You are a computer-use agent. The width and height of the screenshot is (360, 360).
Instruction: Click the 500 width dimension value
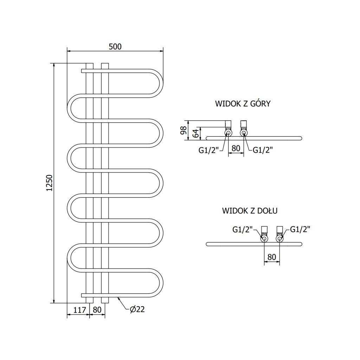tap(115, 46)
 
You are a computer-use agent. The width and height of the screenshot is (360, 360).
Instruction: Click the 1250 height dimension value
tap(49, 183)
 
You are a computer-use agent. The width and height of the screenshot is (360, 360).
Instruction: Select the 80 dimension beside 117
tap(97, 310)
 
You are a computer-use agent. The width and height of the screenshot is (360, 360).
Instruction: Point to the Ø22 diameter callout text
tap(137, 310)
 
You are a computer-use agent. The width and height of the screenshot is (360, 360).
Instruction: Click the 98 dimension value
tap(183, 130)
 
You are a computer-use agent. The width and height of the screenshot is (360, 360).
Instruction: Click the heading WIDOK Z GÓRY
tap(242, 104)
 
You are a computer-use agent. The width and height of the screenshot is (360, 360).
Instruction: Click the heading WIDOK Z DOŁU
tap(250, 211)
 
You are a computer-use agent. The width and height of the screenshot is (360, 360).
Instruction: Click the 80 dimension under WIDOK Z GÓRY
tap(236, 148)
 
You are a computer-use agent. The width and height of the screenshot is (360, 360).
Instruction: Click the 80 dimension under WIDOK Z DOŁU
tap(272, 257)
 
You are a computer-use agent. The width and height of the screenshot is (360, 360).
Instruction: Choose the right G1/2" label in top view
tap(263, 150)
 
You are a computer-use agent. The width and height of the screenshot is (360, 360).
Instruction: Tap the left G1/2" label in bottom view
tap(243, 230)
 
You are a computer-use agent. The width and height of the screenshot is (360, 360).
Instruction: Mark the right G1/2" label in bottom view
tap(300, 230)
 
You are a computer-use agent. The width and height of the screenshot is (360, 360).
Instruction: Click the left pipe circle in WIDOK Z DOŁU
tap(264, 239)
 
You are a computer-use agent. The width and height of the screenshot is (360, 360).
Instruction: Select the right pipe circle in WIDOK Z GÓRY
tap(243, 133)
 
